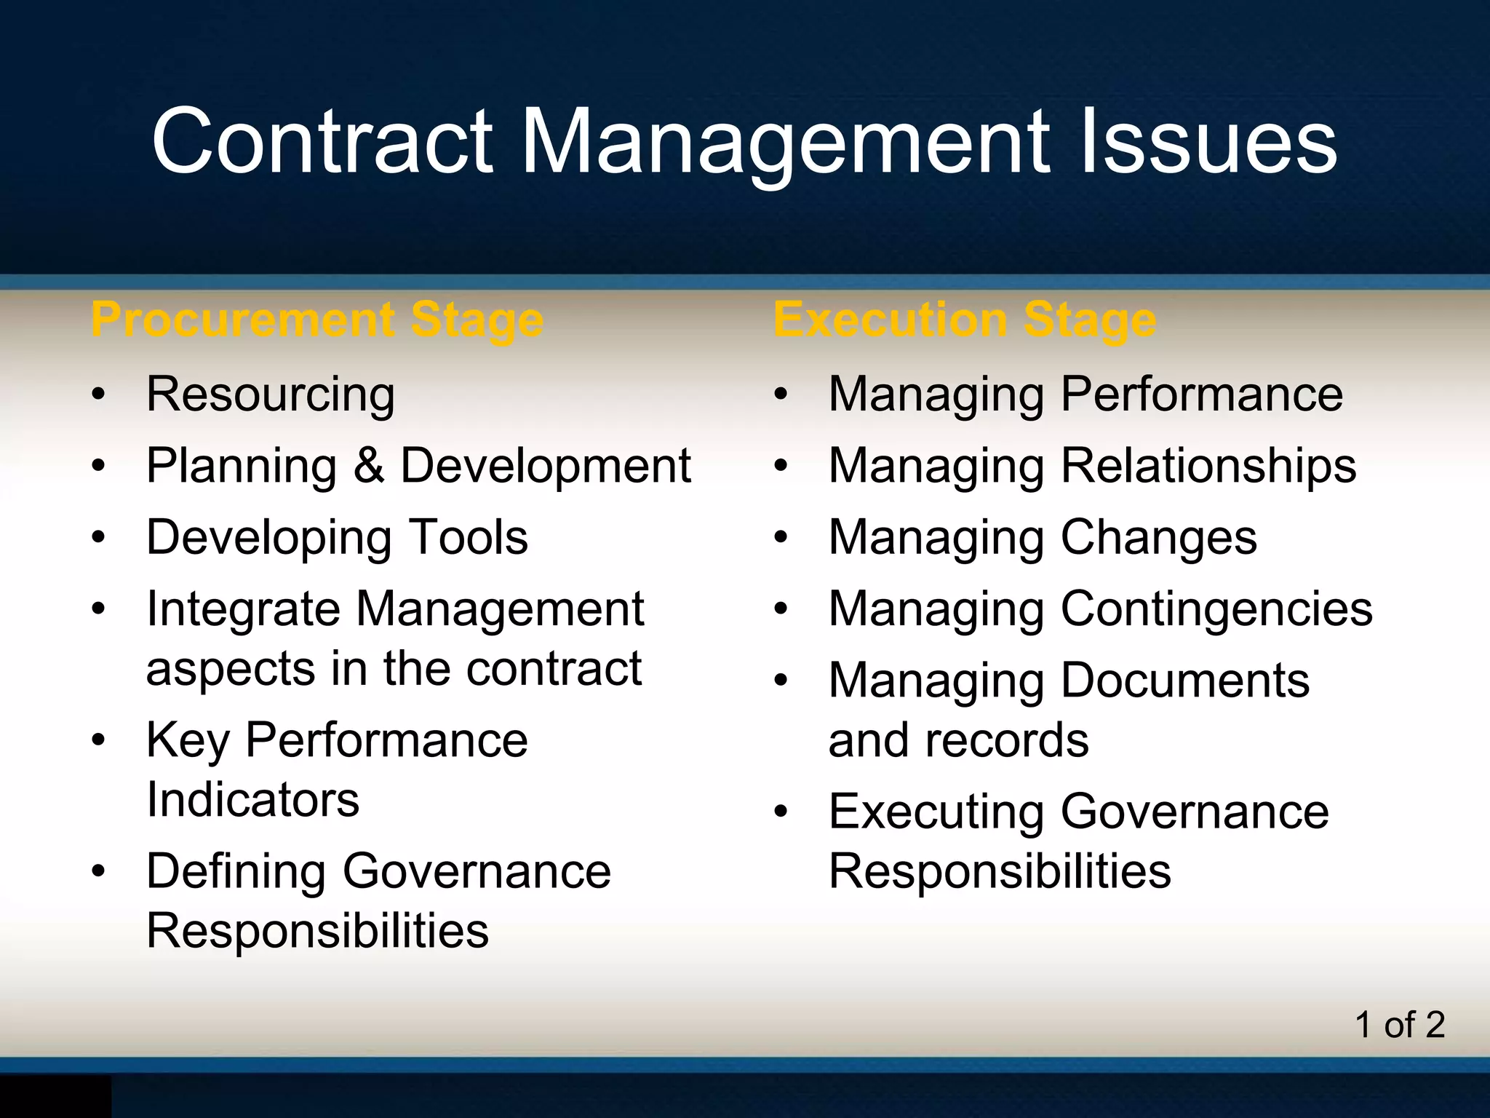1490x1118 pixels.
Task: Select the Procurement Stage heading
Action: pos(317,320)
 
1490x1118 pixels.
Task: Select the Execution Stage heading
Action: pos(965,320)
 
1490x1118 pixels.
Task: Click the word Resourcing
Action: pos(271,395)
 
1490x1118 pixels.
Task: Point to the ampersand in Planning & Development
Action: pos(369,465)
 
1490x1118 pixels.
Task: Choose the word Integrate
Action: pos(243,608)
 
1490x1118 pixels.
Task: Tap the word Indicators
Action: pos(252,800)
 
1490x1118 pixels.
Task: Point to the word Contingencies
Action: pos(1216,608)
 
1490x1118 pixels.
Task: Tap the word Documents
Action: pos(1185,681)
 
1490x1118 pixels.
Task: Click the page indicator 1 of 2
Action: pos(1399,1025)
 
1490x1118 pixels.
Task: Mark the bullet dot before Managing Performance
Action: pos(781,395)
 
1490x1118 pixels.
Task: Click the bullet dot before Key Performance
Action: pos(99,741)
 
